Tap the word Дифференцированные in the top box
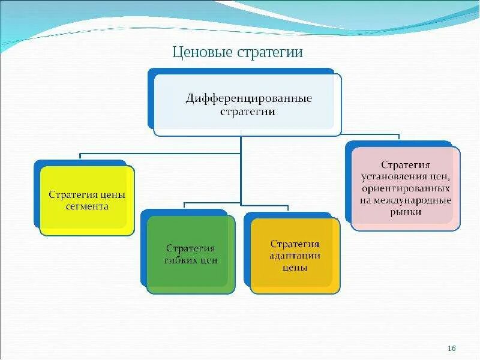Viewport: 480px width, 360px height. click(x=248, y=97)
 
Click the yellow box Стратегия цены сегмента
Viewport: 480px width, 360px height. click(x=87, y=200)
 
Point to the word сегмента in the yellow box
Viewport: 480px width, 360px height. click(x=87, y=206)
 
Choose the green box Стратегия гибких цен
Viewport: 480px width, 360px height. click(x=191, y=254)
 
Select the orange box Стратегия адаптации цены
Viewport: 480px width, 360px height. click(x=295, y=256)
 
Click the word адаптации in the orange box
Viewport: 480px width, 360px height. click(x=295, y=256)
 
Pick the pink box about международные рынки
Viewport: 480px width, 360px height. click(x=406, y=188)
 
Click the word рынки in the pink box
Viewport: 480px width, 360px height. click(x=406, y=212)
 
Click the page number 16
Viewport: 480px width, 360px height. click(x=452, y=349)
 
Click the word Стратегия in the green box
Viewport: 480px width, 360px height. click(x=191, y=248)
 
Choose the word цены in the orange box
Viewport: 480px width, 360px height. click(x=295, y=268)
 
